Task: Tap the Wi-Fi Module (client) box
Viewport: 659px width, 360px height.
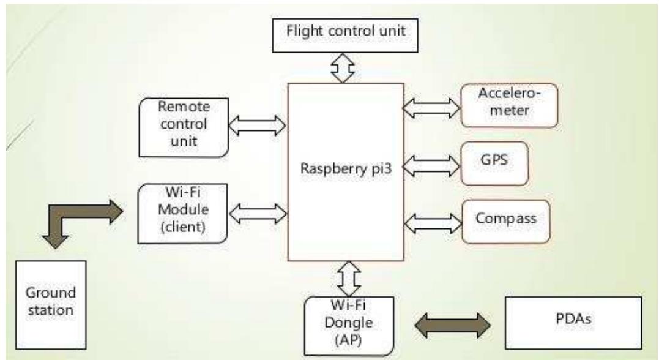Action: point(184,212)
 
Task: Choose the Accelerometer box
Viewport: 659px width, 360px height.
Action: point(508,105)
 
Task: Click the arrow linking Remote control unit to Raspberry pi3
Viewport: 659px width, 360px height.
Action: point(257,125)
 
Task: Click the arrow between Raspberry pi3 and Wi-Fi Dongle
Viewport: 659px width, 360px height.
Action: point(343,279)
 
